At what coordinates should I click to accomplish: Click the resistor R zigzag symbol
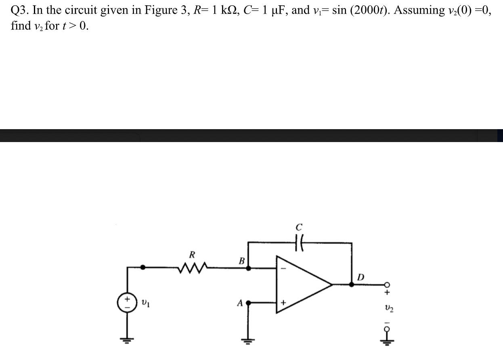(193, 267)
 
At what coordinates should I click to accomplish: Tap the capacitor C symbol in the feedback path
(299, 243)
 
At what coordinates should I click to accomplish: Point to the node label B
(242, 261)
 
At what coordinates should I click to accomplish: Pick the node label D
(361, 277)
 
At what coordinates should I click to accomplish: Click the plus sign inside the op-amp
(283, 302)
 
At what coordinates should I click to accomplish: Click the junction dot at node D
(352, 285)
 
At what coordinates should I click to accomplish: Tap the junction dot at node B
(248, 267)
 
